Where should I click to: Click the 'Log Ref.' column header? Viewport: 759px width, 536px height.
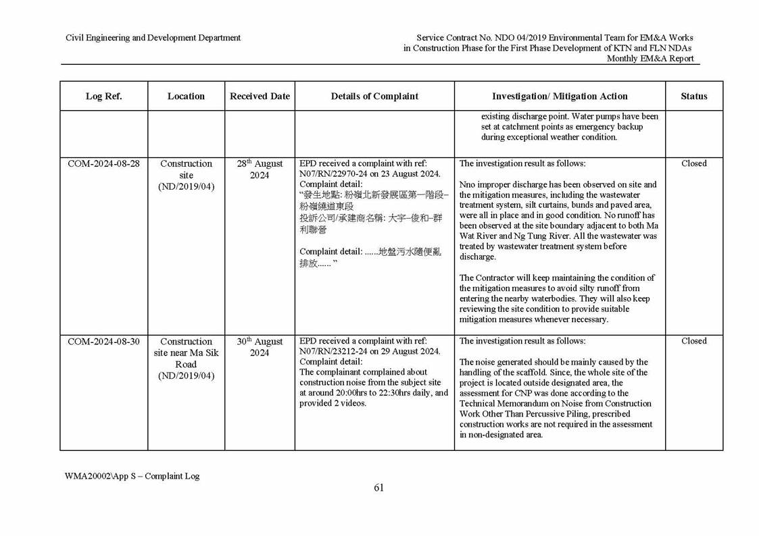coord(103,96)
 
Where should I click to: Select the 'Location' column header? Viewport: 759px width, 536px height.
coord(186,96)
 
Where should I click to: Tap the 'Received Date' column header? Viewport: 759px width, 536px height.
coord(260,96)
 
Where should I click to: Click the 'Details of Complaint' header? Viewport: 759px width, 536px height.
coord(374,96)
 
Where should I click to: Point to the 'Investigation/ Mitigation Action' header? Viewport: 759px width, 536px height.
coord(560,96)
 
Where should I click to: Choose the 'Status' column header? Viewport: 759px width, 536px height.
coord(693,96)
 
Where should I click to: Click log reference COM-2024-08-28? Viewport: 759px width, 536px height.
coord(103,163)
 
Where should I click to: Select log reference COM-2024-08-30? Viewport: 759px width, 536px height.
coord(103,342)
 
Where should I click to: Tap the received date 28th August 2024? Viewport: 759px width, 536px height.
coord(260,169)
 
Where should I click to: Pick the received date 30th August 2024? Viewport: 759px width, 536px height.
coord(260,347)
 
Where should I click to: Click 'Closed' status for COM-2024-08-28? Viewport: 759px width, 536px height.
coord(693,163)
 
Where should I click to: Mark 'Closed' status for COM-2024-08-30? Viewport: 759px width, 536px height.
coord(693,342)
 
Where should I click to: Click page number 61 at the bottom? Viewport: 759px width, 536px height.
coord(378,488)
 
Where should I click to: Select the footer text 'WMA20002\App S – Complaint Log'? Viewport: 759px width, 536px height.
coord(132,476)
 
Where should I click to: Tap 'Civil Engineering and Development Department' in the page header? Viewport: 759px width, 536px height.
coord(153,38)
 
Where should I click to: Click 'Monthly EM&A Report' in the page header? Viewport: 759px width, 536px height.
coord(650,59)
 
